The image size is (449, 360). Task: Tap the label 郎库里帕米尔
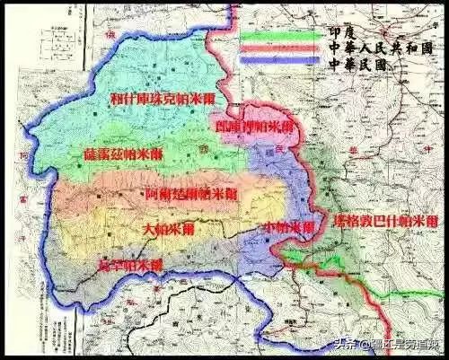coord(252,127)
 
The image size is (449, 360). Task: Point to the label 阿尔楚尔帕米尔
coord(190,194)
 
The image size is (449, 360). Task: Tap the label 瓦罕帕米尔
coord(131,265)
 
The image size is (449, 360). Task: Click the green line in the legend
coord(279,38)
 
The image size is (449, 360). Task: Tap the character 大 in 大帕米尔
coord(150,230)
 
